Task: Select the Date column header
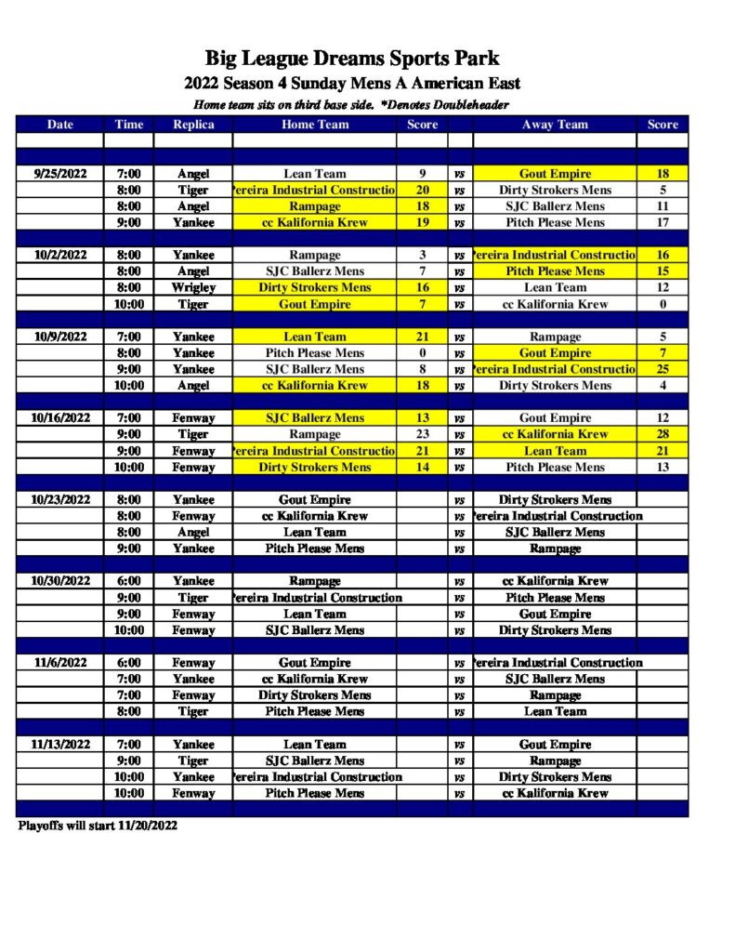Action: coord(59,125)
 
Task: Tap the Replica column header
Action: coord(193,125)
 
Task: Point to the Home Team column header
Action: coord(315,125)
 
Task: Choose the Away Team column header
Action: coord(555,125)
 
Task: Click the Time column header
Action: coord(128,125)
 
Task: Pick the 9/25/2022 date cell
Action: coord(59,174)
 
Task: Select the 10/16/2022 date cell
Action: coord(59,418)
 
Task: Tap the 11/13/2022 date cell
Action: coord(59,745)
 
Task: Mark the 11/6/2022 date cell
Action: coord(59,663)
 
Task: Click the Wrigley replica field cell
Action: coord(193,288)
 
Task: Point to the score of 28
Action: coord(663,434)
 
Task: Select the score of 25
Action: coord(663,369)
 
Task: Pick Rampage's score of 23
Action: coord(422,434)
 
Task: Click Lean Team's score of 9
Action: coord(422,174)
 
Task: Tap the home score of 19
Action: coord(422,223)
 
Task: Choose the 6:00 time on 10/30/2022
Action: coord(128,581)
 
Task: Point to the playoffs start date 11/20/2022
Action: coord(148,825)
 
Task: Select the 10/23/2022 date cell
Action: coord(59,500)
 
